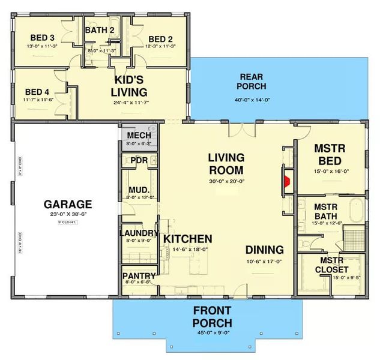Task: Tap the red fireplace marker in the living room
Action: pyautogui.click(x=287, y=180)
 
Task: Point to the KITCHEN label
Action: pyautogui.click(x=187, y=238)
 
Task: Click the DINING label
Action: pyautogui.click(x=264, y=250)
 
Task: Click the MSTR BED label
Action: pyautogui.click(x=328, y=154)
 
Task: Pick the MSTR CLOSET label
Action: pyautogui.click(x=331, y=265)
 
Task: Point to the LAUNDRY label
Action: pyautogui.click(x=139, y=233)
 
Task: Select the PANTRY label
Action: pyautogui.click(x=139, y=275)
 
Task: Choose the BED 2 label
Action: pyautogui.click(x=161, y=38)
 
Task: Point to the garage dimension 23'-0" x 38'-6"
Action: pyautogui.click(x=67, y=214)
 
